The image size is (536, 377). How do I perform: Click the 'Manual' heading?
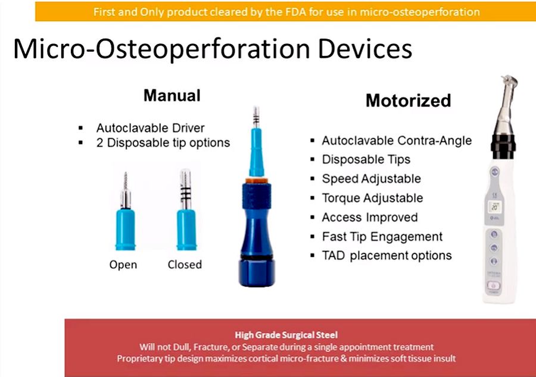pyautogui.click(x=172, y=95)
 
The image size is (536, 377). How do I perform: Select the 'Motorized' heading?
pyautogui.click(x=408, y=100)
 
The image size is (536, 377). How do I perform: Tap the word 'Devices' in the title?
pyautogui.click(x=364, y=49)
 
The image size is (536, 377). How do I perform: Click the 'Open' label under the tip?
pyautogui.click(x=123, y=265)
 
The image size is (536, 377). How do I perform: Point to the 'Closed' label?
pyautogui.click(x=185, y=265)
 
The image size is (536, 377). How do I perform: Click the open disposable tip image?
pyautogui.click(x=126, y=211)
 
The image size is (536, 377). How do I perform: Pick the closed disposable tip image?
pyautogui.click(x=186, y=210)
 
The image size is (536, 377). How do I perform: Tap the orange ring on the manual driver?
pyautogui.click(x=256, y=181)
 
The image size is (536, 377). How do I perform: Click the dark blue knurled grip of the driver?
pyautogui.click(x=257, y=196)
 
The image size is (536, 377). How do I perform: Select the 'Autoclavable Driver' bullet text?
pyautogui.click(x=151, y=128)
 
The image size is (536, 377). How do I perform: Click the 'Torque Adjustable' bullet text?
pyautogui.click(x=372, y=198)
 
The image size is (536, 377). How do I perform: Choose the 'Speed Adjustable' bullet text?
pyautogui.click(x=371, y=179)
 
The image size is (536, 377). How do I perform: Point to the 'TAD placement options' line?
pyautogui.click(x=387, y=256)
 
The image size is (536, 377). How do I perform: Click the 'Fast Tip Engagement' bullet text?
pyautogui.click(x=382, y=237)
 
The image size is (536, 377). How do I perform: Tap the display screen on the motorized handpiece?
pyautogui.click(x=495, y=206)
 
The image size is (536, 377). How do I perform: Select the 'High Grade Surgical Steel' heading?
pyautogui.click(x=286, y=335)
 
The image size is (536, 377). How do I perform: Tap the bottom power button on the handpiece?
pyautogui.click(x=493, y=285)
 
